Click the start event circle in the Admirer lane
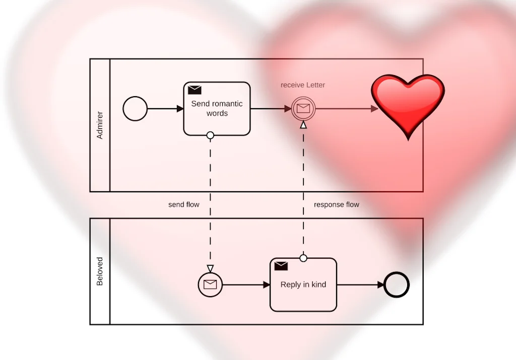point(135,109)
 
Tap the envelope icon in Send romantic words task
point(195,90)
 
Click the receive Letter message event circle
point(303,108)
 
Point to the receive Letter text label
point(303,85)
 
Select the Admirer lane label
point(100,125)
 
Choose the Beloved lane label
point(100,271)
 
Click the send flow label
point(183,205)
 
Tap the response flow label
point(336,205)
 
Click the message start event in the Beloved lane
point(210,284)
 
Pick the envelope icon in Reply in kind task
point(281,266)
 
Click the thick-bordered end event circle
point(397,284)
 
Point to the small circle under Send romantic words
point(210,135)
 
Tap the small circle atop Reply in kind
point(303,258)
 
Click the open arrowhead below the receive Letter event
point(303,125)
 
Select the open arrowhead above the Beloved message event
point(210,268)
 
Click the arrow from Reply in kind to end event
point(360,285)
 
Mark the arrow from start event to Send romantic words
point(165,109)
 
